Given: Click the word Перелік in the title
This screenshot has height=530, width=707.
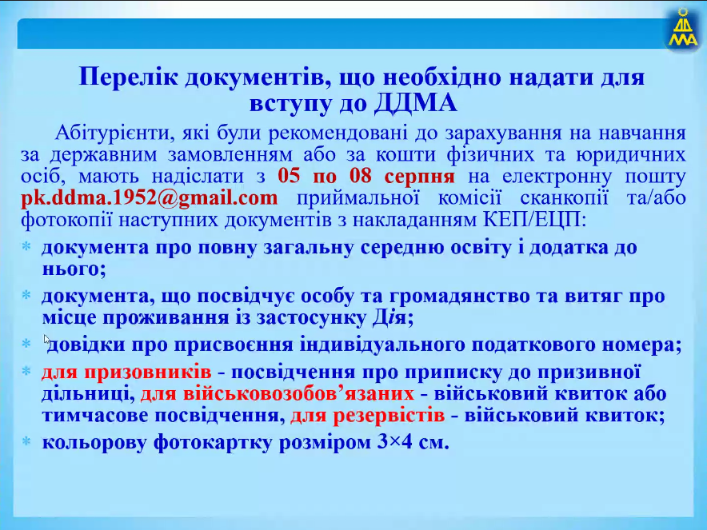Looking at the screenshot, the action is [x=129, y=77].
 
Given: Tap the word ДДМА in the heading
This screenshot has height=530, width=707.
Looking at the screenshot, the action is [x=415, y=103].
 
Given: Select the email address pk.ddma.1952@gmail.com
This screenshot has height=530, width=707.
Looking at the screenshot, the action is [x=150, y=198].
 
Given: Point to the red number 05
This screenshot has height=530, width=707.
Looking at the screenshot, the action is [x=289, y=175].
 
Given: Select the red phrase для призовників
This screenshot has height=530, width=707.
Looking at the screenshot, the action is [x=126, y=373].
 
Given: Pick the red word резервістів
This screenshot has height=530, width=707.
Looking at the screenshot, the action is [x=389, y=415].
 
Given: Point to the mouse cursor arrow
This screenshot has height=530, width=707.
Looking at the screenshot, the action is [x=47, y=340].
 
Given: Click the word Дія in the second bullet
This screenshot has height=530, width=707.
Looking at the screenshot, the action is [x=389, y=317].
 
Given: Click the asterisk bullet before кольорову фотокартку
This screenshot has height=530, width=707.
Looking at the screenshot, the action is [x=26, y=441].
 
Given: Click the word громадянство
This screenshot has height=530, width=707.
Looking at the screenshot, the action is [x=459, y=297].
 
